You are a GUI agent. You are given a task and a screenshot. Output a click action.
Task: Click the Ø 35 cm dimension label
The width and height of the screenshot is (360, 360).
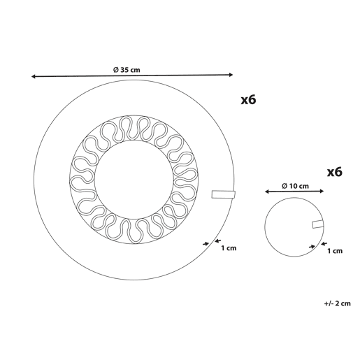point(127,70)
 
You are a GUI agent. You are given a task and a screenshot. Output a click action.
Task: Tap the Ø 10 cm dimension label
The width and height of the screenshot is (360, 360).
point(295,186)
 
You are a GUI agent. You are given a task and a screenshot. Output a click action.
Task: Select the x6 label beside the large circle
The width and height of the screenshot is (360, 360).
point(248,100)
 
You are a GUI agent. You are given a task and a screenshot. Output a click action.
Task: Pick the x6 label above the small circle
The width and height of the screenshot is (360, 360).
point(335,172)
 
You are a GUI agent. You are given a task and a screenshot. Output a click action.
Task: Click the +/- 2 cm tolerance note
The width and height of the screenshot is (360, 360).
point(338,303)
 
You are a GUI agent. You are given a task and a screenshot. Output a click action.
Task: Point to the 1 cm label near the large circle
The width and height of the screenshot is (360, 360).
point(229,248)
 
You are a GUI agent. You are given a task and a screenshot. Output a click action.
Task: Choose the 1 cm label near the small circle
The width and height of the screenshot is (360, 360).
point(335,251)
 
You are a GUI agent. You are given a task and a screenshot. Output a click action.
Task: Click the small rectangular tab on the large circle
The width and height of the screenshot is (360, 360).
point(224,194)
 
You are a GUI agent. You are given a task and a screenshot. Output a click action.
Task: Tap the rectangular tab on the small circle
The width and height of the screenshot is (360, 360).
point(318,224)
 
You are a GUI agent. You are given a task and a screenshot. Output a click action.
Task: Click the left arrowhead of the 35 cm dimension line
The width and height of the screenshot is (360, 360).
point(33,76)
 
